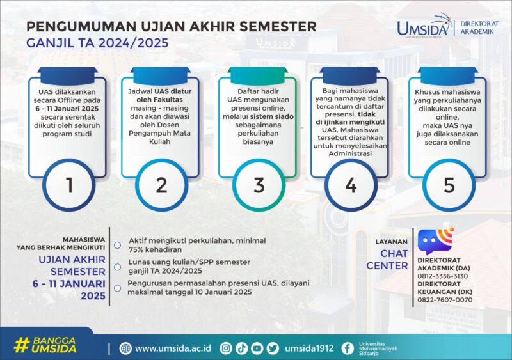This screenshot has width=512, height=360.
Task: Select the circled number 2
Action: [161, 185]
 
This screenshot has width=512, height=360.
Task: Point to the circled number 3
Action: [258, 185]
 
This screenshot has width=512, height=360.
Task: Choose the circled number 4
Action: [350, 185]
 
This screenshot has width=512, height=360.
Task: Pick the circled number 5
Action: [449, 185]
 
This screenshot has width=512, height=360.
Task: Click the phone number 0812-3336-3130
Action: [442, 276]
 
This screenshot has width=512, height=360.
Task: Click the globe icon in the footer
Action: [125, 348]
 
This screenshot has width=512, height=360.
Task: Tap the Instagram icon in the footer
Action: [225, 348]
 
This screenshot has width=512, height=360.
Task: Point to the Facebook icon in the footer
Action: [347, 348]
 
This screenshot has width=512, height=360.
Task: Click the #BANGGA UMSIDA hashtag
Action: [45, 345]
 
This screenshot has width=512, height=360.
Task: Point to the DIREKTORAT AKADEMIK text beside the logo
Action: [477, 27]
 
